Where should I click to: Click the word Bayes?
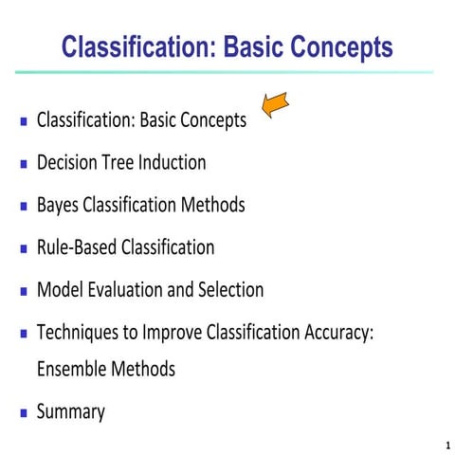tap(58, 205)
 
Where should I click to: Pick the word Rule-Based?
tap(75, 247)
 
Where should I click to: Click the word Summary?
tap(70, 411)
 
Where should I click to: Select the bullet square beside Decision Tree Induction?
tap(23, 164)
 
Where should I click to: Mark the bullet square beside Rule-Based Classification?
tap(23, 249)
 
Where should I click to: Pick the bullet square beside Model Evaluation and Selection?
tap(23, 292)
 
